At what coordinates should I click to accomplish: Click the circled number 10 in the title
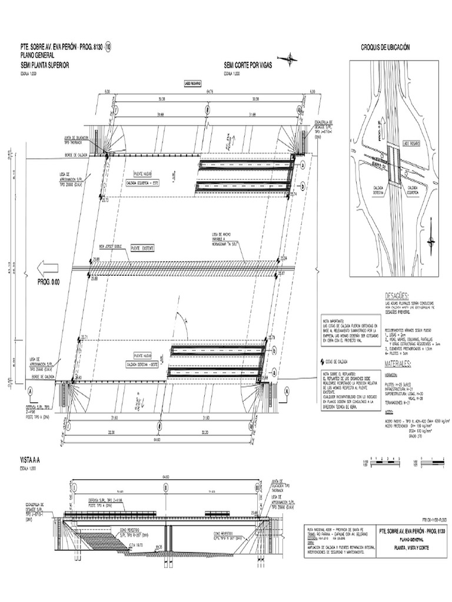108,47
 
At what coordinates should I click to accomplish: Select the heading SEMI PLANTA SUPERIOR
45,65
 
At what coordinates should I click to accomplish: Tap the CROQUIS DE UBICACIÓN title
384,47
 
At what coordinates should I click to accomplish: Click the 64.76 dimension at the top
210,92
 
